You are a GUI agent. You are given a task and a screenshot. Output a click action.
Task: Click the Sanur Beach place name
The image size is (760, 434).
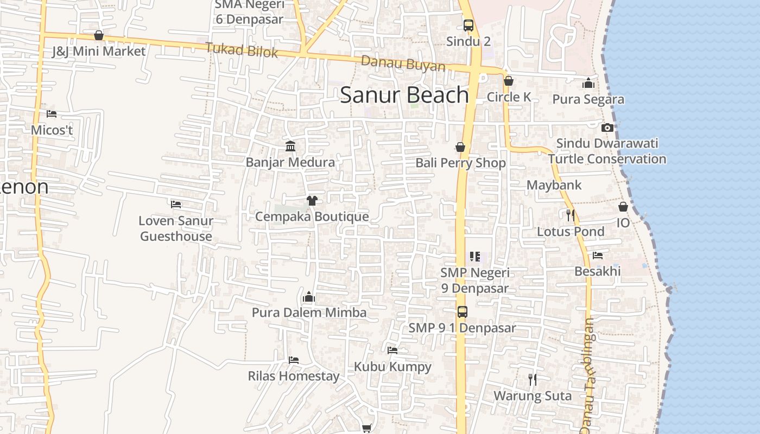(x=404, y=95)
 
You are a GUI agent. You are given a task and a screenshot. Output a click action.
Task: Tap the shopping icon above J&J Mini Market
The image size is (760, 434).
(x=99, y=36)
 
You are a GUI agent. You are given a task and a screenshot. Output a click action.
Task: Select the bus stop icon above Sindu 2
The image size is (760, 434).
(x=468, y=25)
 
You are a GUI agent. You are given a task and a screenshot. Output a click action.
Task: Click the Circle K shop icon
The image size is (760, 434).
(x=509, y=81)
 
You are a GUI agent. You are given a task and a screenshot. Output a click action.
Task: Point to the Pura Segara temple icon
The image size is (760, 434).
(x=588, y=84)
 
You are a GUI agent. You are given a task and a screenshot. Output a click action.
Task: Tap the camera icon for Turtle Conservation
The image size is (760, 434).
(x=607, y=128)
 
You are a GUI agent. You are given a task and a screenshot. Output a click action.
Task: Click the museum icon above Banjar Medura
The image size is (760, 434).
(x=290, y=146)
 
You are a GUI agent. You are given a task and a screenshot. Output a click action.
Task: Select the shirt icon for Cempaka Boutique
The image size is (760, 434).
(x=312, y=201)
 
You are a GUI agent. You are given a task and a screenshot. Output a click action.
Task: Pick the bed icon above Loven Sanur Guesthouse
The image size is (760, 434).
(x=176, y=205)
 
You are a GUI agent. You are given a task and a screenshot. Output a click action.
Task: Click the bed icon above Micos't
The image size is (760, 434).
(x=52, y=114)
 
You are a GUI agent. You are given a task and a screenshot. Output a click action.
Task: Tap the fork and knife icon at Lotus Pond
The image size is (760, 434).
(x=570, y=215)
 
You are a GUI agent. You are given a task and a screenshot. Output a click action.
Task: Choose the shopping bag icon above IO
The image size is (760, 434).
(x=623, y=207)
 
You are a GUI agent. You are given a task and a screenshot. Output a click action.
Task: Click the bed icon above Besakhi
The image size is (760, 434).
(x=598, y=255)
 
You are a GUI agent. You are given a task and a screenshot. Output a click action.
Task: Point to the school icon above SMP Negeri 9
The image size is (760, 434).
(x=475, y=256)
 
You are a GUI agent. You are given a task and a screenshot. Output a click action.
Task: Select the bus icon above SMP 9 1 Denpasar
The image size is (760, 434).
(x=462, y=312)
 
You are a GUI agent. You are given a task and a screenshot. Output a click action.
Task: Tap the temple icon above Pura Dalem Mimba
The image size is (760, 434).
(x=309, y=297)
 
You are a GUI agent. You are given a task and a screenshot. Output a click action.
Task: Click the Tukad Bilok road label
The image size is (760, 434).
(x=242, y=50)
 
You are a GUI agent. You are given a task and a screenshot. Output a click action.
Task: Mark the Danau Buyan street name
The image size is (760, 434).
(x=403, y=63)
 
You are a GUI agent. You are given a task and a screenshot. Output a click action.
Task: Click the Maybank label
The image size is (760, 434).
(x=554, y=185)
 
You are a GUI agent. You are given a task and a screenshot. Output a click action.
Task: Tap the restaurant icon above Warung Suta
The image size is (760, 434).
(x=533, y=380)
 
